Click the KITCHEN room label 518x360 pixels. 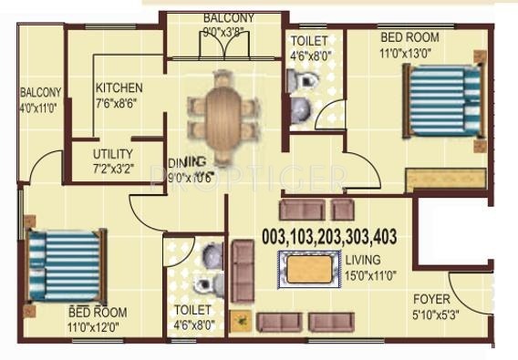tap(119, 88)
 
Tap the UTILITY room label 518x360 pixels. tap(113, 154)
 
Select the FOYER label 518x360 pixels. tap(430, 298)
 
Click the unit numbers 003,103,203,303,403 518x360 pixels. tap(329, 235)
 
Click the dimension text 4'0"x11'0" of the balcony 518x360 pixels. tap(40, 107)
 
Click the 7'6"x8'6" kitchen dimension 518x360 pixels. tap(119, 103)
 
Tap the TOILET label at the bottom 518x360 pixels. tap(192, 310)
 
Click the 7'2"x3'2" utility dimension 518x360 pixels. tap(113, 169)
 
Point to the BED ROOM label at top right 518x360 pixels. tap(409, 37)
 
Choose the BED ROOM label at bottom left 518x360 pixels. tap(97, 313)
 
